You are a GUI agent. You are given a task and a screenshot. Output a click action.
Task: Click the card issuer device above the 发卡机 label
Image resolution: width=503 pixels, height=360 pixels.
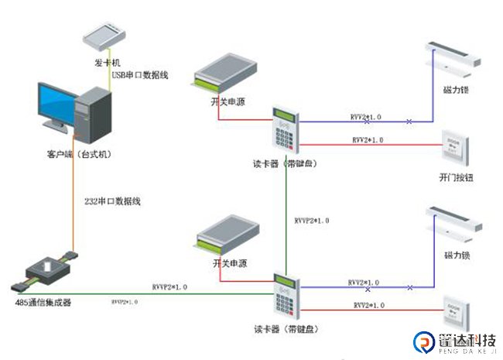tap(107, 35)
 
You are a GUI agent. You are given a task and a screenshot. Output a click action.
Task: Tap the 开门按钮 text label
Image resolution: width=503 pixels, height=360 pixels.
tap(455, 177)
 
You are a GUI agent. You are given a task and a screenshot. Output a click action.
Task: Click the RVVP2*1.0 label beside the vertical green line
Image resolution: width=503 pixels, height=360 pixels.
tap(312, 221)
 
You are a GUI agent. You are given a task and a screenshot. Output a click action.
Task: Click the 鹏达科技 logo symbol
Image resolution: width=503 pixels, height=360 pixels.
tap(424, 341)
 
